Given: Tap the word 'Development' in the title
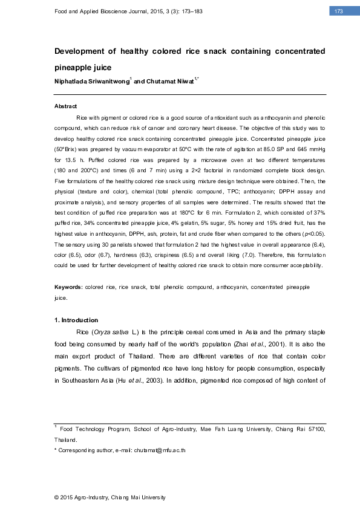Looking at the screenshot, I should click(81, 51).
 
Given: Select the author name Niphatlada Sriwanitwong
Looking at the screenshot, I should click(91, 80).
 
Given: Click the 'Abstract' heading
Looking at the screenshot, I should click(66, 106).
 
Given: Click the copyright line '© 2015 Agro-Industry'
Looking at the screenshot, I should click(110, 497).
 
